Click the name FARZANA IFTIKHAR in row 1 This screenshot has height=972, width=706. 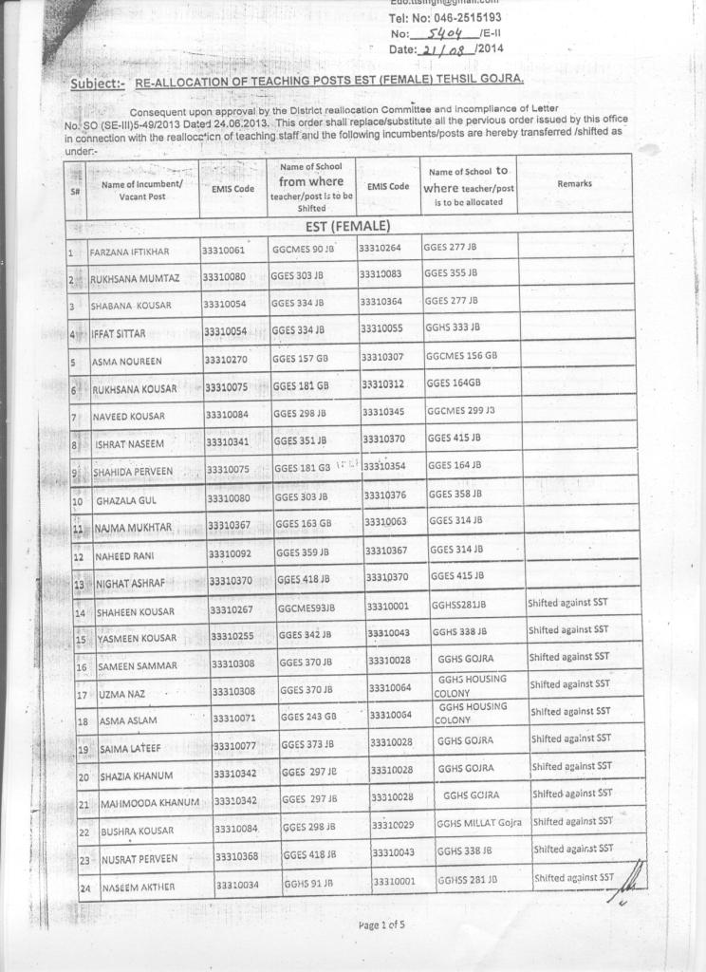129,252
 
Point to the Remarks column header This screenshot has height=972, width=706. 575,183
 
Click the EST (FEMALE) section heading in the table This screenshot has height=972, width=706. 347,226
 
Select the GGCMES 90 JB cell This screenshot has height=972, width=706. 304,250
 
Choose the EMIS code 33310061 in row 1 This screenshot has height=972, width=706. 223,250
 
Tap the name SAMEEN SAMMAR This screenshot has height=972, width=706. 139,665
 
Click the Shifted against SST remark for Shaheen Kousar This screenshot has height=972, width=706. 567,603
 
